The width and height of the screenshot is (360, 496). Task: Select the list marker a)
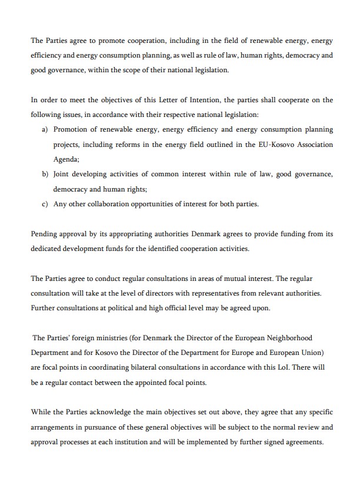point(45,129)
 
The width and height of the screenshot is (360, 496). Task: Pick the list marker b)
point(45,175)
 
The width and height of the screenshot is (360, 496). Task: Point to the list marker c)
point(45,205)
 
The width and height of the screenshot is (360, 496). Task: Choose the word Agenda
point(66,159)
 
